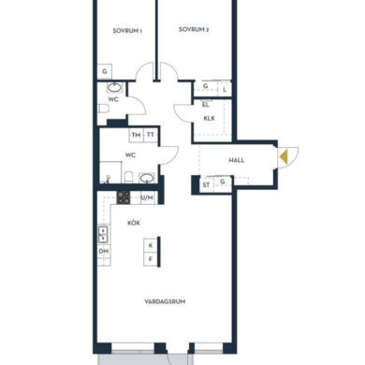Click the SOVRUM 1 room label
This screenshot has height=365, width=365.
[x=127, y=31]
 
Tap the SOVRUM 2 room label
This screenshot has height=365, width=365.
[x=194, y=30]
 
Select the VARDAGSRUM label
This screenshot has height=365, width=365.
[x=165, y=301]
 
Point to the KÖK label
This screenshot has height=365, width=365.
[x=134, y=223]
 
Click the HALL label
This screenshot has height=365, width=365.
[x=237, y=160]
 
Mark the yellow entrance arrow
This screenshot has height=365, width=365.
[x=284, y=157]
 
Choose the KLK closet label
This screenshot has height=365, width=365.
[x=209, y=119]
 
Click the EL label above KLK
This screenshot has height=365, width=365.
[x=205, y=105]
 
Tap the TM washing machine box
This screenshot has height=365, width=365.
[x=136, y=135]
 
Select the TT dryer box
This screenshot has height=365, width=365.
[x=151, y=135]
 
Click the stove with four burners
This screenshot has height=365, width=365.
[x=124, y=197]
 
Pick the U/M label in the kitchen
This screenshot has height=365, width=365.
[x=147, y=197]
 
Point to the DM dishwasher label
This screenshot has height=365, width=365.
[x=104, y=251]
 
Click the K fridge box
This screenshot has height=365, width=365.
[x=151, y=245]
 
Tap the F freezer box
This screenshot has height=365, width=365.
[x=151, y=259]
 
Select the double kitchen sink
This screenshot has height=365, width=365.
[x=103, y=235]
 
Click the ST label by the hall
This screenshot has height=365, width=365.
[x=206, y=185]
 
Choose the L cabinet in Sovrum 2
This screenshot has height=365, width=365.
[x=225, y=90]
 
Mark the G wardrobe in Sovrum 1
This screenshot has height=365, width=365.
[x=105, y=71]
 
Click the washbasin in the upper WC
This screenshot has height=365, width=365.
[x=114, y=88]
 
